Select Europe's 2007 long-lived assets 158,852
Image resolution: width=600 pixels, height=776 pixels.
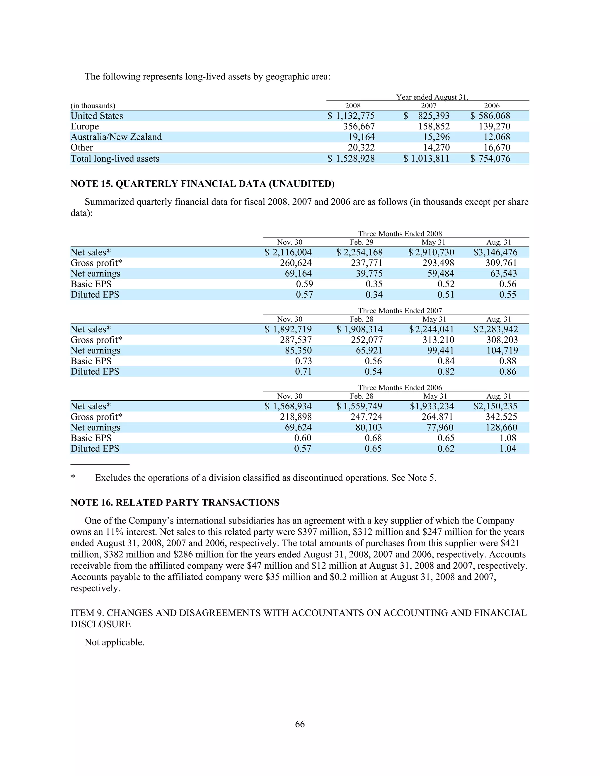pos(434,127)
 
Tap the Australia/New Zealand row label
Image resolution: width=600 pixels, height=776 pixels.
pos(116,137)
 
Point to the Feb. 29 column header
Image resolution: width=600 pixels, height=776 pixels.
pos(362,242)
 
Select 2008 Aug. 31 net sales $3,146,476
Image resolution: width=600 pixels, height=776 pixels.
pos(495,252)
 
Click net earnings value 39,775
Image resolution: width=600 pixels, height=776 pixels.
pos(369,274)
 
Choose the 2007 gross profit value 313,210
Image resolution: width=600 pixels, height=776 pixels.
pos(438,340)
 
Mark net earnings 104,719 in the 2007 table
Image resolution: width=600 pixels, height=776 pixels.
pos(502,351)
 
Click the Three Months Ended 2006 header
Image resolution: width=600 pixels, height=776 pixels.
pos(400,388)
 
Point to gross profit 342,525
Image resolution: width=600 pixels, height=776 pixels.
pos(501,417)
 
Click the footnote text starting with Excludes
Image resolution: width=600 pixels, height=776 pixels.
pos(265,478)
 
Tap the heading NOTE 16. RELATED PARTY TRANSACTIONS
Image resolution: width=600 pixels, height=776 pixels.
pos(175,502)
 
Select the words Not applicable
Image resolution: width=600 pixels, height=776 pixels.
pos(115,642)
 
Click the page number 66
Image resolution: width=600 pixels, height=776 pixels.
pos(300,724)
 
